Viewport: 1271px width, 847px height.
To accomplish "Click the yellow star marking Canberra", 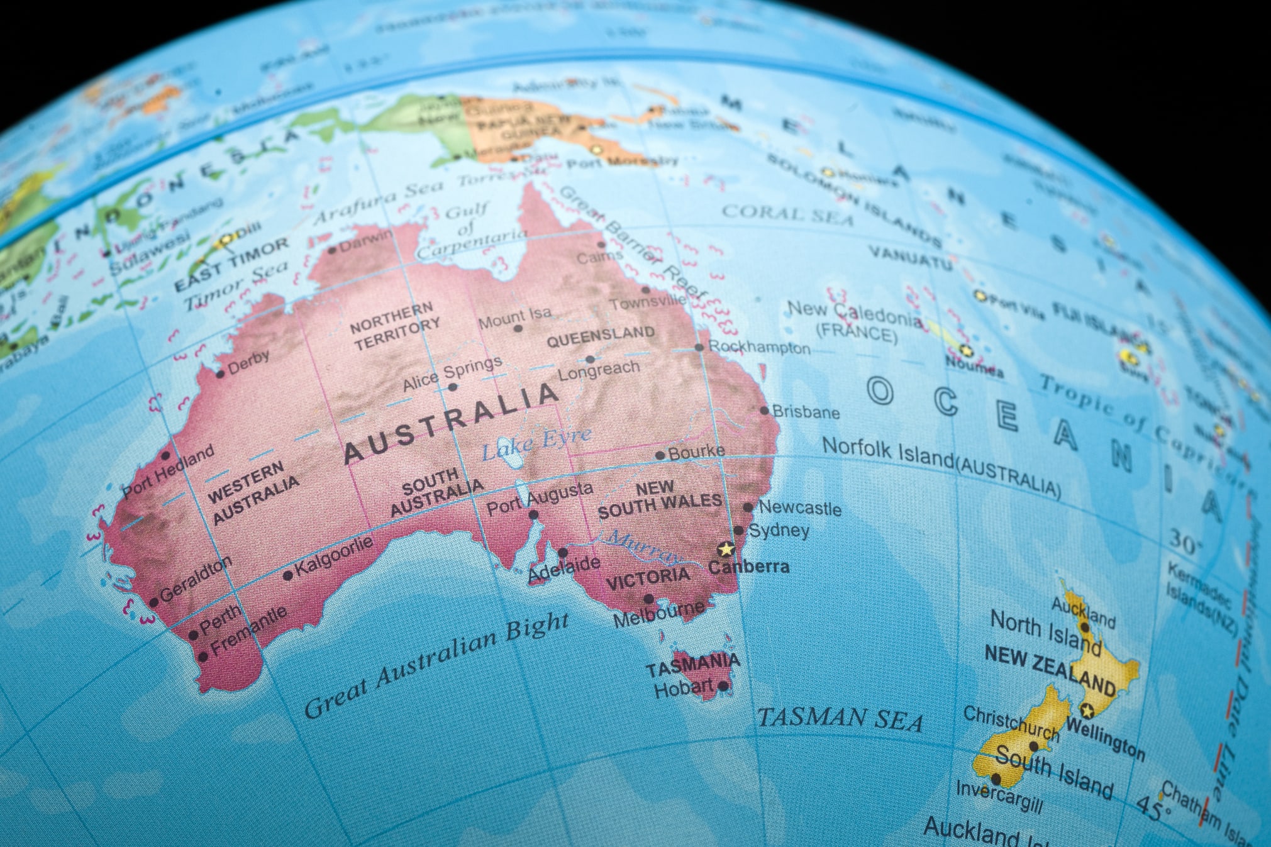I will [x=726, y=549].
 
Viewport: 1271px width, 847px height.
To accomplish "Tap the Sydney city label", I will [x=779, y=530].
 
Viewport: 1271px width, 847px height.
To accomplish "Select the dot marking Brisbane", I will [x=764, y=411].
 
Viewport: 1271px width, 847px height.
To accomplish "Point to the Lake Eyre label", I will [x=536, y=443].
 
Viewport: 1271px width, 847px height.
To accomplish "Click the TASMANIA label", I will [x=693, y=664].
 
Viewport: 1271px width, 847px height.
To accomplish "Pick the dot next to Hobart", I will [x=723, y=686].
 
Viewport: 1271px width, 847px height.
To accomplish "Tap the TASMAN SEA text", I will [x=840, y=719].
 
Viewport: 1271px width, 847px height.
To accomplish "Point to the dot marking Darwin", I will [x=333, y=250].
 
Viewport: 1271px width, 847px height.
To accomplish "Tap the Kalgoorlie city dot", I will [x=288, y=575].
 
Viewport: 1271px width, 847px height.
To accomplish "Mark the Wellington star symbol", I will [x=1088, y=711].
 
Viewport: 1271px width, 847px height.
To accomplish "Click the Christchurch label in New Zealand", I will [x=1011, y=722].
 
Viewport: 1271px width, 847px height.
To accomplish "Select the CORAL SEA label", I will [x=787, y=214].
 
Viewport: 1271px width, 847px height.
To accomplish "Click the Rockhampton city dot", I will [x=699, y=348].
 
